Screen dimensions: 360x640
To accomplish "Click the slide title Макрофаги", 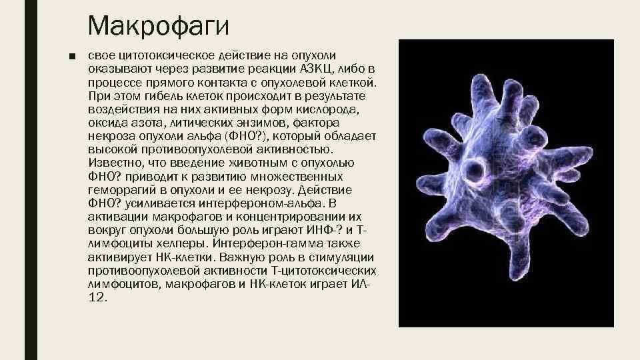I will click(158, 27).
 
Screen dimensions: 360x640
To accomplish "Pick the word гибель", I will click(161, 96).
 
